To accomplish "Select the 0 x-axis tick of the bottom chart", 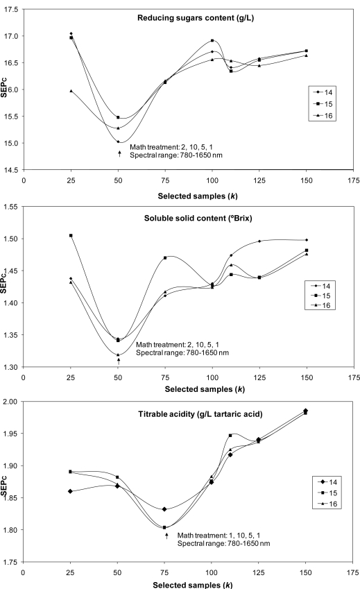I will point(23,572).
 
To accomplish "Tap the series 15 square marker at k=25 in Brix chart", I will point(70,236).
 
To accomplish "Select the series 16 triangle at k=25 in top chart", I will point(71,91).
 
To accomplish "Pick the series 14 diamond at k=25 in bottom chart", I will point(70,491).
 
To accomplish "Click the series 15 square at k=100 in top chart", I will point(212,41).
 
